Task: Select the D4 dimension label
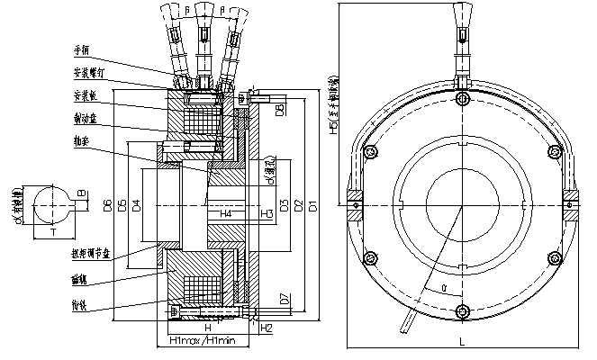136,206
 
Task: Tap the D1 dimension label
312,206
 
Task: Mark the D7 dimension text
284,298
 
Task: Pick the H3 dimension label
267,214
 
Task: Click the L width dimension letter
462,342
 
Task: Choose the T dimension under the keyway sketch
51,232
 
